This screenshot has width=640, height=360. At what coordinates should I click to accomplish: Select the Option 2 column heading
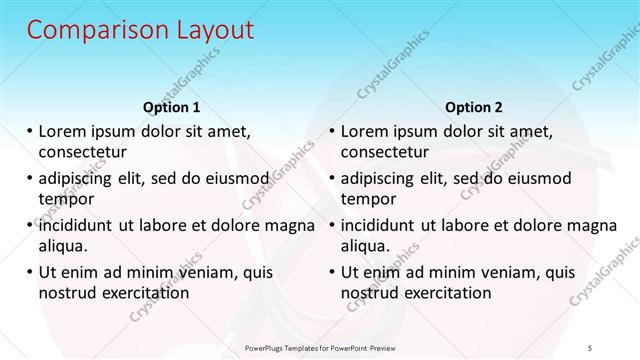(x=474, y=106)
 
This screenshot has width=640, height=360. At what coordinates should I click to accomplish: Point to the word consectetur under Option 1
(x=83, y=153)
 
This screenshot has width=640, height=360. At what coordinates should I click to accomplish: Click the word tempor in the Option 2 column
(x=367, y=199)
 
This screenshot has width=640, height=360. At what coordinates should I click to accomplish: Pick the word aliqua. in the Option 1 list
(x=63, y=246)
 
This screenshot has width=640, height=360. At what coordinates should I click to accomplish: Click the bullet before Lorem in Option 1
(x=31, y=131)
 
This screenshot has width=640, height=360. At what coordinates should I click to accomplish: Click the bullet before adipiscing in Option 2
(x=333, y=178)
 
